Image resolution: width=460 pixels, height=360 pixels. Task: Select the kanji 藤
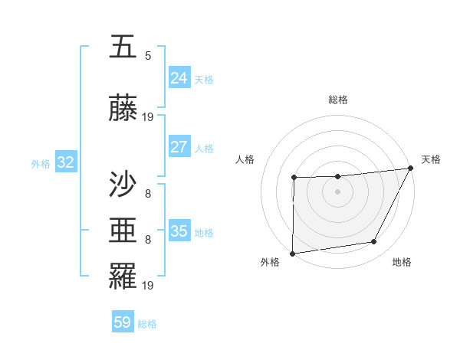[x=123, y=110]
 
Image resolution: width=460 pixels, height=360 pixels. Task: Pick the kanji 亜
[x=123, y=230]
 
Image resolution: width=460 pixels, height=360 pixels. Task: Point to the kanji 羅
[x=123, y=276]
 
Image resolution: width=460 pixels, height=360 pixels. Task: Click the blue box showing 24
[x=179, y=77]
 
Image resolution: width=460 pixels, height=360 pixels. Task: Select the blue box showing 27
[x=179, y=147]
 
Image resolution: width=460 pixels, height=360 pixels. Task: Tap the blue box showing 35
[x=179, y=231]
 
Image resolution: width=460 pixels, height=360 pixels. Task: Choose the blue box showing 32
[x=65, y=162]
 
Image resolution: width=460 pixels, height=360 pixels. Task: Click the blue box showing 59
[x=122, y=322]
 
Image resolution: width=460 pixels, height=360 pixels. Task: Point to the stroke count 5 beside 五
[x=148, y=55]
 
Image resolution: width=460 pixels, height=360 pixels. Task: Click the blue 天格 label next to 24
[x=204, y=79]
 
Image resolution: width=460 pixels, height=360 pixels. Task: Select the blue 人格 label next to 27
[x=204, y=149]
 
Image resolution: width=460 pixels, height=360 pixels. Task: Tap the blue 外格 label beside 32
[x=41, y=164]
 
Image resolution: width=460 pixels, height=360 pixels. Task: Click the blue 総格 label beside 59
[x=147, y=324]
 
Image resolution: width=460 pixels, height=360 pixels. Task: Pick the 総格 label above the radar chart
[x=337, y=100]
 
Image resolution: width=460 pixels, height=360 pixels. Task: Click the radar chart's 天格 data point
[x=412, y=168]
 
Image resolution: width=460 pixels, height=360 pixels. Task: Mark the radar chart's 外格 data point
[x=292, y=254]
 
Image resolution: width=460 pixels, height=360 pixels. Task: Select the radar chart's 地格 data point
[x=374, y=242]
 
